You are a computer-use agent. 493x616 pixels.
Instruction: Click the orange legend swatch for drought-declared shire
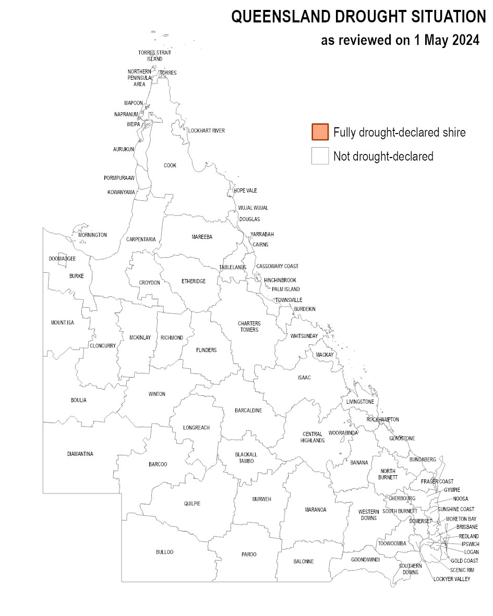pos(320,132)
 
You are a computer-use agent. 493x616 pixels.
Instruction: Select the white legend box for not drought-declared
pos(320,156)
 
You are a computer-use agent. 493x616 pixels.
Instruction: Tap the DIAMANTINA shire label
pos(80,454)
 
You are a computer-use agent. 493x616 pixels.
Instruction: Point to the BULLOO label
pos(164,552)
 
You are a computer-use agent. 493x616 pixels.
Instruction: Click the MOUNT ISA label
pos(62,322)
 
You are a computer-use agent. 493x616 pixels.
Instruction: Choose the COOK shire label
pos(170,165)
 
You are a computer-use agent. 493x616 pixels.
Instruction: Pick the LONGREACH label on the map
pos(196,428)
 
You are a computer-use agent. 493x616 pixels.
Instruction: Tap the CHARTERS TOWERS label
pos(249,327)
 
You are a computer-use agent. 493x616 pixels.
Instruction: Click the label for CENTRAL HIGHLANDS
pos(312,437)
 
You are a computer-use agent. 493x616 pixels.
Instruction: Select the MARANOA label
pos(315,510)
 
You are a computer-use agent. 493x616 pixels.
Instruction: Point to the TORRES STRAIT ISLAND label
pos(154,56)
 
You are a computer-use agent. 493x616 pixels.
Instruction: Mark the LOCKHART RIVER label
pos(207,130)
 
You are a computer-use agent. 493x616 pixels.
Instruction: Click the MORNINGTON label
pos(92,235)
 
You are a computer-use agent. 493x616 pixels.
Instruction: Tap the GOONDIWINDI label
pos(365,559)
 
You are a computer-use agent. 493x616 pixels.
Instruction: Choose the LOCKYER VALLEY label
pos(452,579)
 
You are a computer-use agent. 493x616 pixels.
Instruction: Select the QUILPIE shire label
pos(192,503)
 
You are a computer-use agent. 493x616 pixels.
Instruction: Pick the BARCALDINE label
pos(248,410)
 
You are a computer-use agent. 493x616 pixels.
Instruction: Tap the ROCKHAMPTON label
pos(382,419)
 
